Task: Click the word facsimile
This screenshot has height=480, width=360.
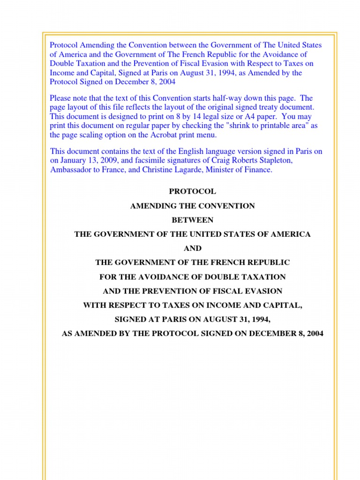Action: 148,161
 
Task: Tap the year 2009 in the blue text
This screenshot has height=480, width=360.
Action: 105,161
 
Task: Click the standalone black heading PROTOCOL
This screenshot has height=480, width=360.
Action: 192,191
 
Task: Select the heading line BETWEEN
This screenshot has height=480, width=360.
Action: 192,220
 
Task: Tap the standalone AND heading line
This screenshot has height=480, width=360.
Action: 192,248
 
